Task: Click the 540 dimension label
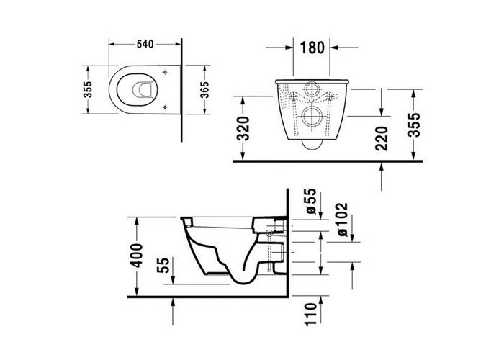tap(145, 44)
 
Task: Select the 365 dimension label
tap(204, 90)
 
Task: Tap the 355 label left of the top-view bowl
tap(87, 89)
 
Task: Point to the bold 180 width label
tap(312, 48)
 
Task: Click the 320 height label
tap(243, 129)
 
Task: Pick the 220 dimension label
tap(382, 138)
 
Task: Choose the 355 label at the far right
tap(414, 125)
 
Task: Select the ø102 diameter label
tap(343, 220)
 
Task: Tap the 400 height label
tap(137, 256)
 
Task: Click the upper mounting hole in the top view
tap(165, 72)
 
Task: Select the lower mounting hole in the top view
tap(165, 107)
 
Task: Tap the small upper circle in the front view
tap(311, 89)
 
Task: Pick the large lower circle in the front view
tap(311, 117)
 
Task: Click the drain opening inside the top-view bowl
tap(141, 90)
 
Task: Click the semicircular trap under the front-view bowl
tap(311, 149)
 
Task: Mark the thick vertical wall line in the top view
tap(181, 90)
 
